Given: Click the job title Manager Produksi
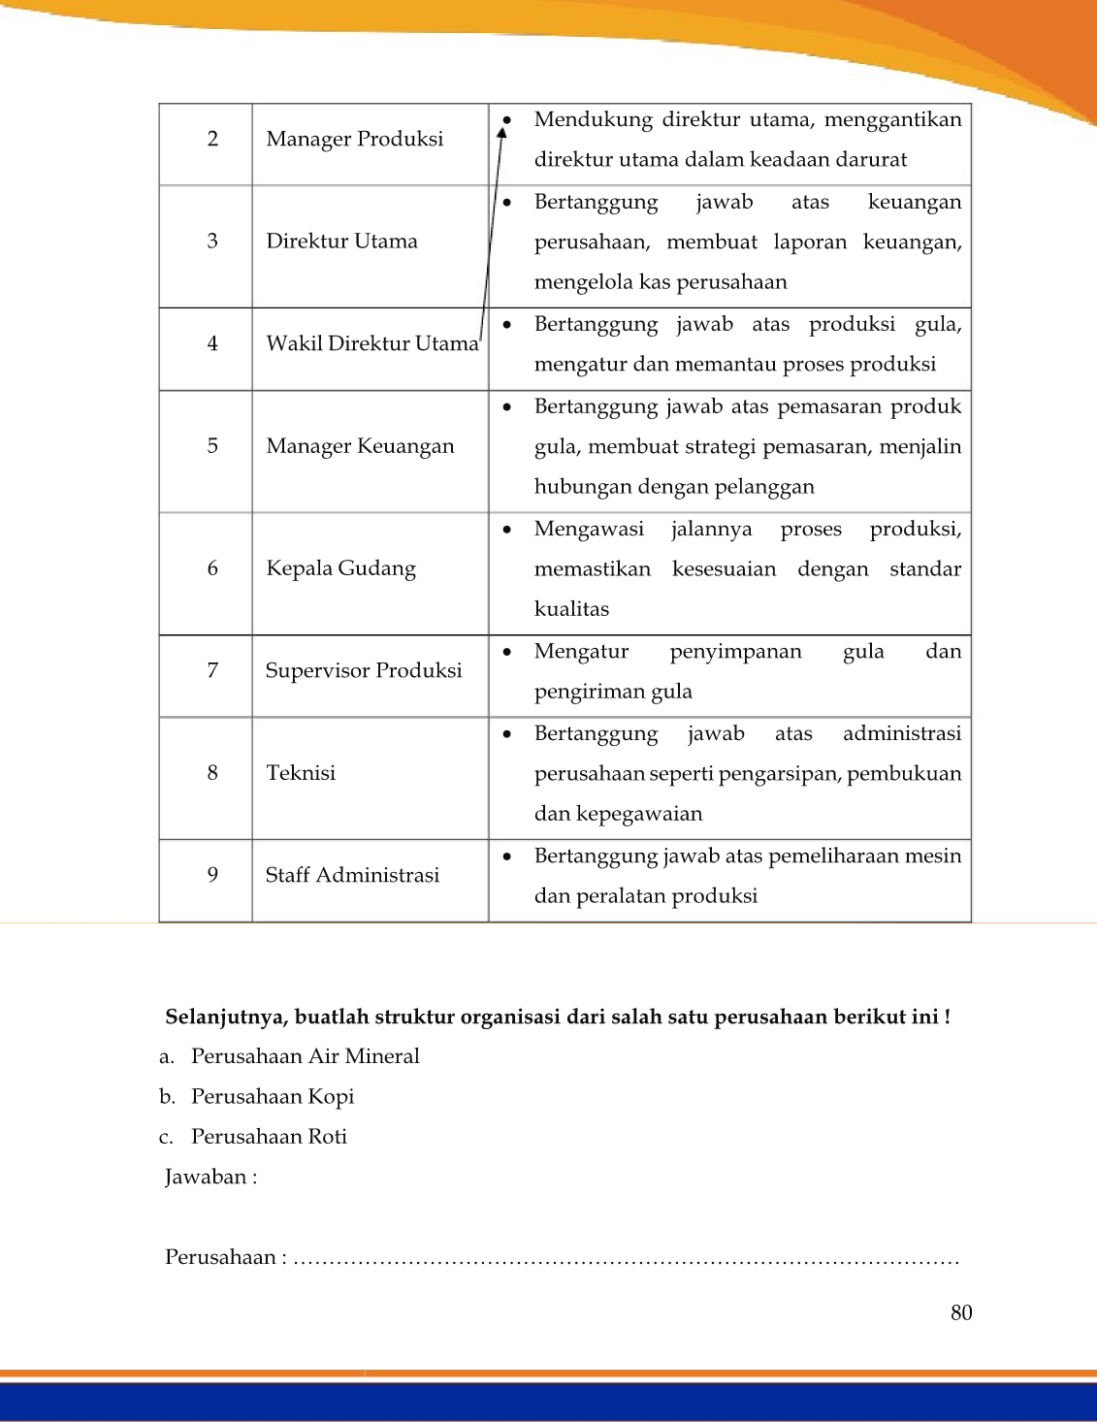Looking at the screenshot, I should [354, 139].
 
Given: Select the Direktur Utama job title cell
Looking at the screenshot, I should [341, 242].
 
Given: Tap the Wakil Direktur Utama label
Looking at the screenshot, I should [372, 343].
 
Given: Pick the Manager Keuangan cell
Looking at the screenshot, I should [360, 446].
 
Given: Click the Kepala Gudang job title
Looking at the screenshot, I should [340, 568].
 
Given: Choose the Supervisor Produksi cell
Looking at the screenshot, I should [364, 670].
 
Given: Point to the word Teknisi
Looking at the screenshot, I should [301, 773].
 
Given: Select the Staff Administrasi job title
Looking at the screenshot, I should [352, 875].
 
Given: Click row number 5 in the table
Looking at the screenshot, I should [212, 446].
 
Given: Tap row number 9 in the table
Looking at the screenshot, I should [212, 875].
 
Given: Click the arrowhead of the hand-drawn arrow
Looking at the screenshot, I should [502, 130].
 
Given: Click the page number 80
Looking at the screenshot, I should [960, 1312].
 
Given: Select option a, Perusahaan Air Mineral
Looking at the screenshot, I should [305, 1056].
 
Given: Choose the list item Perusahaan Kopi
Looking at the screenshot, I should [272, 1096].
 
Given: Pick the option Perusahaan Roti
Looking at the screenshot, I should [269, 1137].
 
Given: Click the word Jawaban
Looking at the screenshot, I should [207, 1178].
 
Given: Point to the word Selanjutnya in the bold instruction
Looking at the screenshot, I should [225, 1018].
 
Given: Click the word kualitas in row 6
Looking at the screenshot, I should [571, 609].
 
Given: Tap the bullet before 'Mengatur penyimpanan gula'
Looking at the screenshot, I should [507, 652].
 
